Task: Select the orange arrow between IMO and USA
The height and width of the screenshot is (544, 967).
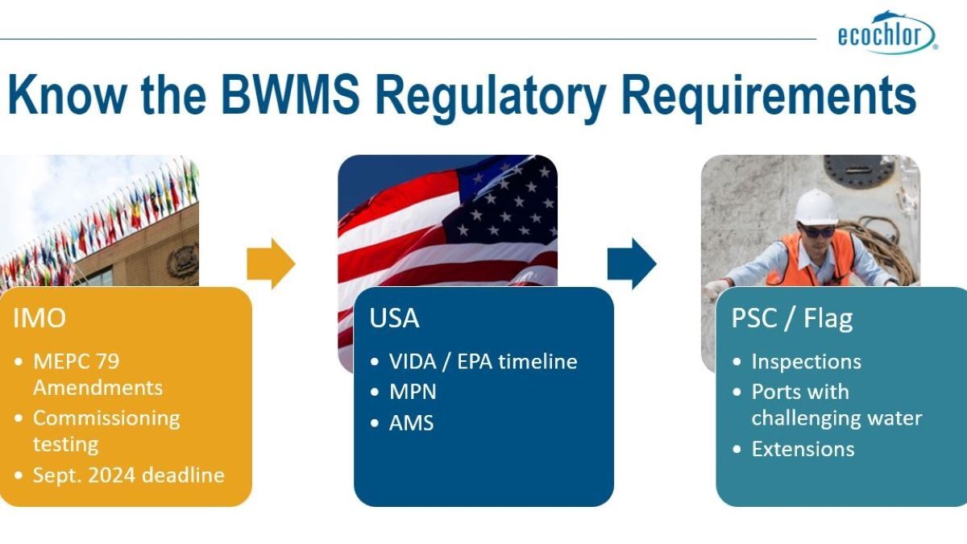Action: [271, 264]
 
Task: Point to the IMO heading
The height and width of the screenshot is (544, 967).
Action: [39, 318]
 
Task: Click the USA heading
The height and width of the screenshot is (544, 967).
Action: [394, 318]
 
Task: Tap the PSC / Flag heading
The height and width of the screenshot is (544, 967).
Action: [780, 318]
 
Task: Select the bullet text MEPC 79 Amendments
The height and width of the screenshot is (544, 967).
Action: [98, 374]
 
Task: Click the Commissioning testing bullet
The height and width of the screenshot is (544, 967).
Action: [106, 430]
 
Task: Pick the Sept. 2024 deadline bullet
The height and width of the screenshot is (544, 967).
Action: [128, 475]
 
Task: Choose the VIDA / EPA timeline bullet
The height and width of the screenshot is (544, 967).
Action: [483, 362]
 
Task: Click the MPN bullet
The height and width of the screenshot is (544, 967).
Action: [412, 392]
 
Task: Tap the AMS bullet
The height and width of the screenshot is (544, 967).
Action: [411, 422]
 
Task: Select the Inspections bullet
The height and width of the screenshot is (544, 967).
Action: [806, 362]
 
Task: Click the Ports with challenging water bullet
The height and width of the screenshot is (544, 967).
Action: [836, 405]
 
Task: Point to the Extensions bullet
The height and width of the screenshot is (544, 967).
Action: [803, 449]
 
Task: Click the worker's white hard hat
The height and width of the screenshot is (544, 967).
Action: [816, 207]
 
